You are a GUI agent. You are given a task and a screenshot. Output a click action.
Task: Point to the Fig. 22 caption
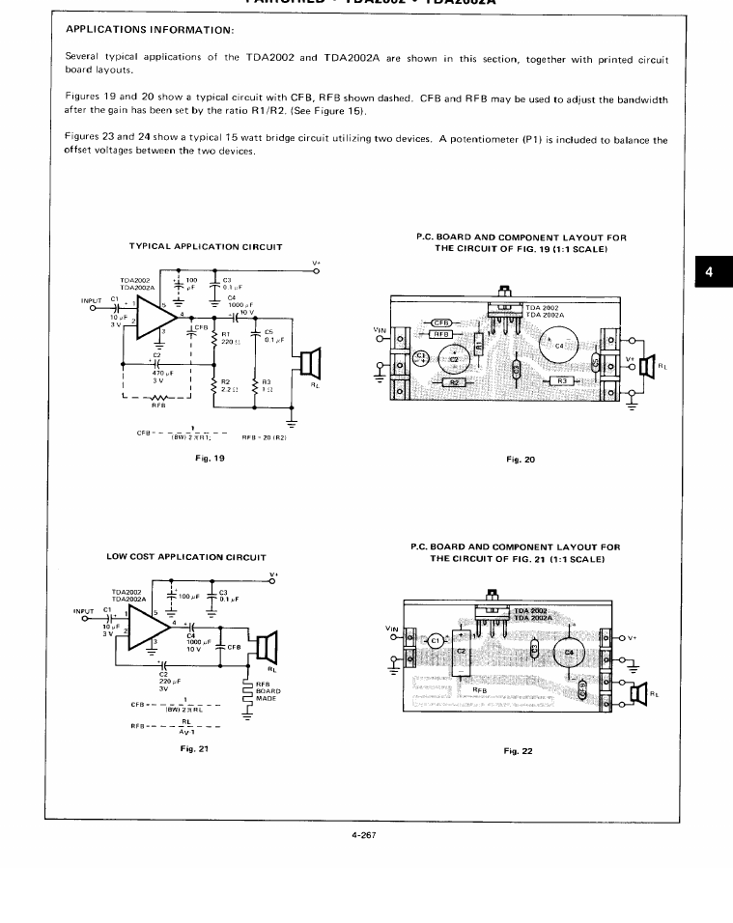point(519,750)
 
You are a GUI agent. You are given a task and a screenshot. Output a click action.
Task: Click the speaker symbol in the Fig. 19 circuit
point(309,364)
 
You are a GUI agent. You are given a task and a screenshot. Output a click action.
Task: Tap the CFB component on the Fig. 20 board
point(440,322)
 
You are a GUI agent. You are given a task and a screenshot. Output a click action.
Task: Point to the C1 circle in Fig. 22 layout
point(435,639)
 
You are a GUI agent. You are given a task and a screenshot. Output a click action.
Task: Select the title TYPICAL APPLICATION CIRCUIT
point(206,247)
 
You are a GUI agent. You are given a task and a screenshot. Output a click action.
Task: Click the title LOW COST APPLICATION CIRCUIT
point(184,557)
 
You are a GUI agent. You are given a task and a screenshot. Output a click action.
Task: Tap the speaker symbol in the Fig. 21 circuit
point(266,646)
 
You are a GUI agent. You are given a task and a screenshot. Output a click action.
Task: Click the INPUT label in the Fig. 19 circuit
point(94,300)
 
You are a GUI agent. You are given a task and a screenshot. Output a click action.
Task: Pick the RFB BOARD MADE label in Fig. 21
point(268,690)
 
